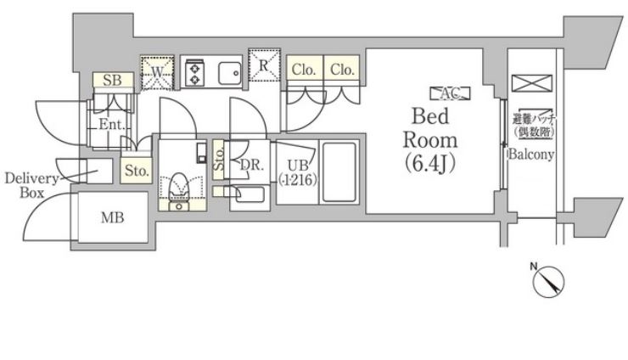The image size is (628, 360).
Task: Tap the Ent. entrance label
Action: [111, 125]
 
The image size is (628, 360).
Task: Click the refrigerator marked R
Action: [264, 65]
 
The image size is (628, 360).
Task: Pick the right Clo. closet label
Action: [343, 70]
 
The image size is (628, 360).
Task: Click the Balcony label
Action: [531, 155]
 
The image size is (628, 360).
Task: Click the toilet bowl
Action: [179, 185]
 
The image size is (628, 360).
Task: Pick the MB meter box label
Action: [113, 218]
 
